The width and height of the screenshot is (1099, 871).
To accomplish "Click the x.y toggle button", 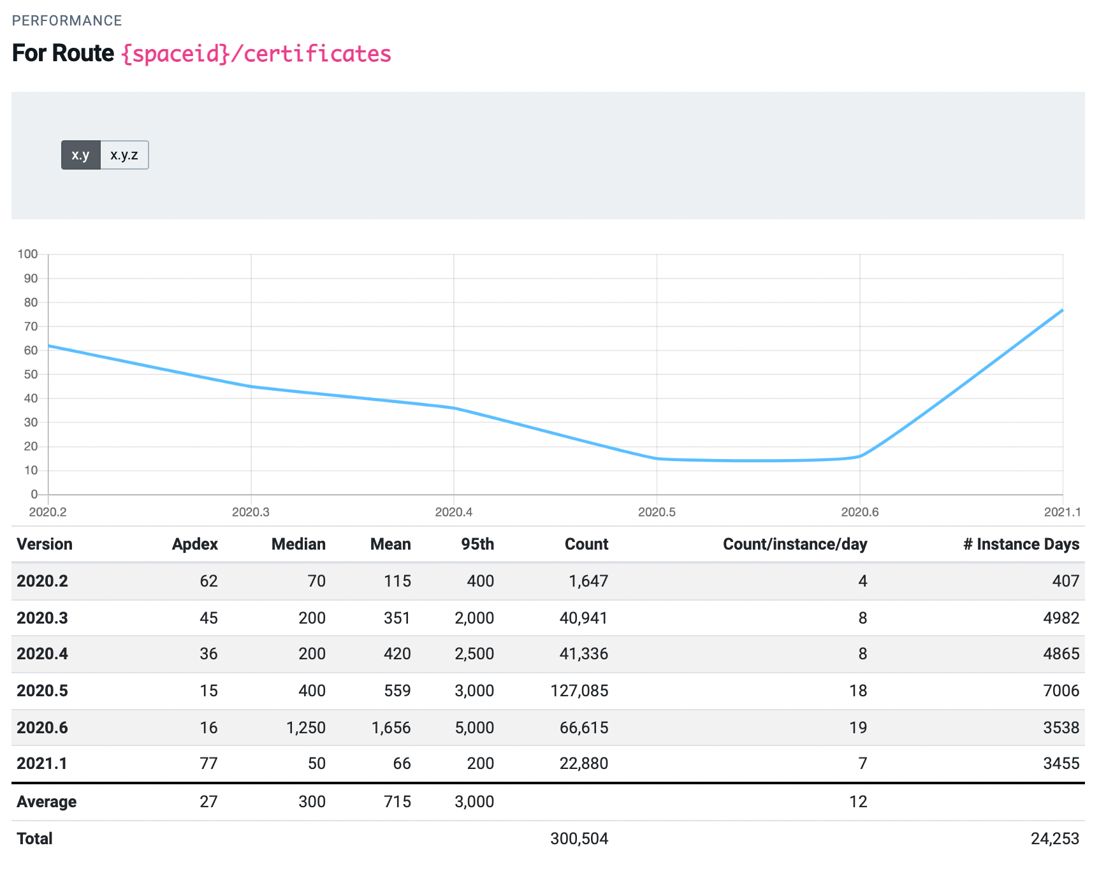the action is point(81,155).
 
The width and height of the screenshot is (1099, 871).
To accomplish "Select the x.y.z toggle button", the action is point(124,155).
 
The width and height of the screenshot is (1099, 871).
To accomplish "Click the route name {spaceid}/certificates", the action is point(256,54).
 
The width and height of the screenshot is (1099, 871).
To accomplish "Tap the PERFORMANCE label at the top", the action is point(67,20).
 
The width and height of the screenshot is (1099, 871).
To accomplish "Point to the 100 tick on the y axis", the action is point(28,254).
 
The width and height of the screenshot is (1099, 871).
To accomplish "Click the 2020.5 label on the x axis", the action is point(657,512).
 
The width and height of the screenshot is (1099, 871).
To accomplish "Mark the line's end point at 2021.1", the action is point(1063,310).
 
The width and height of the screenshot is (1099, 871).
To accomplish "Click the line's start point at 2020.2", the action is point(48,346).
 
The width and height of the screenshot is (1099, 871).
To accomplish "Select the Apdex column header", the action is point(195,544).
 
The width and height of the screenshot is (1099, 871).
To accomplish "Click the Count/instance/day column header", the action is point(795,544).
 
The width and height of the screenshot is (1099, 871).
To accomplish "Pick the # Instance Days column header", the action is point(1021,544).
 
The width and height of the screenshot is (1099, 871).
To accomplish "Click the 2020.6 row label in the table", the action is point(42,728).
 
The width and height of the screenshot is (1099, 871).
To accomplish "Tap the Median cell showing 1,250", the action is point(306,728).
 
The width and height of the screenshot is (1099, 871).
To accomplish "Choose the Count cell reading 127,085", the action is point(579,691).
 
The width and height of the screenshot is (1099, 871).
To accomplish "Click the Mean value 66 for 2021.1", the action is point(402,763).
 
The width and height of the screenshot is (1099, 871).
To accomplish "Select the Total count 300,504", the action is point(579,838).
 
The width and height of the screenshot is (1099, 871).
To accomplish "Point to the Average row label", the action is point(47,801).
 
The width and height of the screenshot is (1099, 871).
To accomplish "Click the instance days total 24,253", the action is point(1055,838).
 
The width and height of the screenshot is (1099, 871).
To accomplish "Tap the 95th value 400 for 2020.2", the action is point(481,581).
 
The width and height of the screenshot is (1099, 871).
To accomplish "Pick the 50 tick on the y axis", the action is point(31,374).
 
